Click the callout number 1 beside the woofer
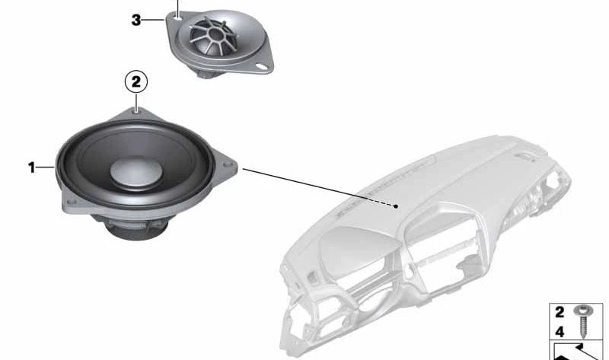[32, 167]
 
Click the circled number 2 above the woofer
[136, 82]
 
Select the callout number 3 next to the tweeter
[136, 20]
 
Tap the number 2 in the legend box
[560, 312]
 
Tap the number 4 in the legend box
[560, 332]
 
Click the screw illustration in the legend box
[583, 321]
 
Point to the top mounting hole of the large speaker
[136, 111]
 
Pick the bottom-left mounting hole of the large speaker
[71, 202]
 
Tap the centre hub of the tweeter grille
[215, 34]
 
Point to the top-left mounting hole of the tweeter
[178, 17]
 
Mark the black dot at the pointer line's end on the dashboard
[396, 206]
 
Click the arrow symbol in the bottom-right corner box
[578, 351]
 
